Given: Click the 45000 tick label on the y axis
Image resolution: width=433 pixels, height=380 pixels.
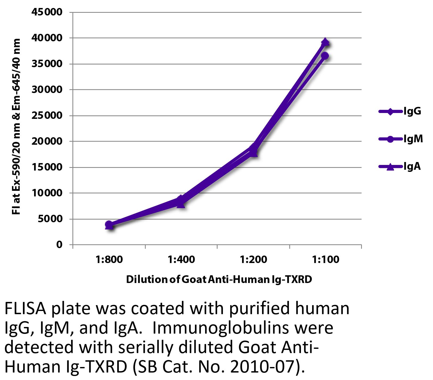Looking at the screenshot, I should click(47, 12).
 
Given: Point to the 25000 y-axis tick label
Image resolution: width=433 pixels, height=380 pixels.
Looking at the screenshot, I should click(47, 116).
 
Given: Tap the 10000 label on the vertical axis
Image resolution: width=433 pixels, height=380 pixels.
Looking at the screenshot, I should click(47, 193).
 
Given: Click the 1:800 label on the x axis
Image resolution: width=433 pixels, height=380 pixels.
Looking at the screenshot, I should click(109, 259).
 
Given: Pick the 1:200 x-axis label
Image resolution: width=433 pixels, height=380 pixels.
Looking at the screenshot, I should click(253, 259).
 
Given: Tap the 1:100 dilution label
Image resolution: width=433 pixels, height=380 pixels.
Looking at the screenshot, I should click(325, 259).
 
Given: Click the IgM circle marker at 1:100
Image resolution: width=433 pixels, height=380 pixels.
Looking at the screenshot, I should click(325, 56).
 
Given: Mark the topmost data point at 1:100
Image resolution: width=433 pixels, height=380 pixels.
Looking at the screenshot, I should click(325, 42).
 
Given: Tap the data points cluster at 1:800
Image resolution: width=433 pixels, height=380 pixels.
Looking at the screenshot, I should click(109, 225).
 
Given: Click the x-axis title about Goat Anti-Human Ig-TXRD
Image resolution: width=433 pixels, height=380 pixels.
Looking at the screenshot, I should click(219, 280).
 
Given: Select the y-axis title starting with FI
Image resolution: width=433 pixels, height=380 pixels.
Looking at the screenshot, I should click(17, 127).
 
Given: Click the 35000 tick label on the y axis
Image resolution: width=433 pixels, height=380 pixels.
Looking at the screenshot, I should click(47, 64).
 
